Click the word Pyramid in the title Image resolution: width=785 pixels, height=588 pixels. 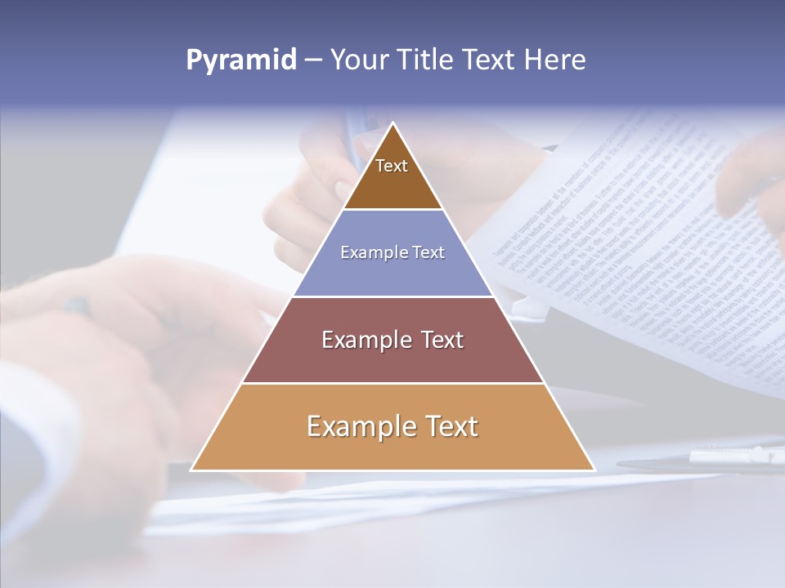[241, 60]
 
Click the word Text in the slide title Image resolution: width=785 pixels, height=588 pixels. [489, 60]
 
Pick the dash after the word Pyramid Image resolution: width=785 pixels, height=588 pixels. [312, 60]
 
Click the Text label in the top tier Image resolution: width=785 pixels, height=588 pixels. [392, 166]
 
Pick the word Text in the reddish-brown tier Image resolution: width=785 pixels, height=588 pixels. [442, 340]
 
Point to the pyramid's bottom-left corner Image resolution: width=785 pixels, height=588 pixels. [191, 470]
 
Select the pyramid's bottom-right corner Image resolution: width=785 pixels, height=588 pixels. [594, 470]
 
